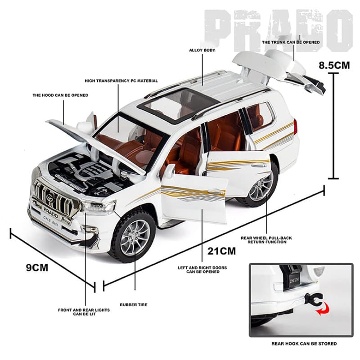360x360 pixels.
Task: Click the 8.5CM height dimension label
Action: (334, 65)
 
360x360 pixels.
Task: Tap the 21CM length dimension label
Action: (221, 251)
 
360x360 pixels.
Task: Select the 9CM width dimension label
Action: (37, 267)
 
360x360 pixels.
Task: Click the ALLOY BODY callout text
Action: (202, 50)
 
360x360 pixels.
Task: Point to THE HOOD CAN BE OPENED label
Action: (60, 95)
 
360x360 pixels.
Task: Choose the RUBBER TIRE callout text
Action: (134, 305)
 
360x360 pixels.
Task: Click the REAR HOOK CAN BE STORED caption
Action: (304, 344)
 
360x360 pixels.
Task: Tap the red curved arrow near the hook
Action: (323, 308)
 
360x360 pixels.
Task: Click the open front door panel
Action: (194, 198)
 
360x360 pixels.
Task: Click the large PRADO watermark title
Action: (278, 30)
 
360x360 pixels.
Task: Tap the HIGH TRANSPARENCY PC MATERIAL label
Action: (121, 81)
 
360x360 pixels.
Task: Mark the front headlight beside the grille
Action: (99, 207)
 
